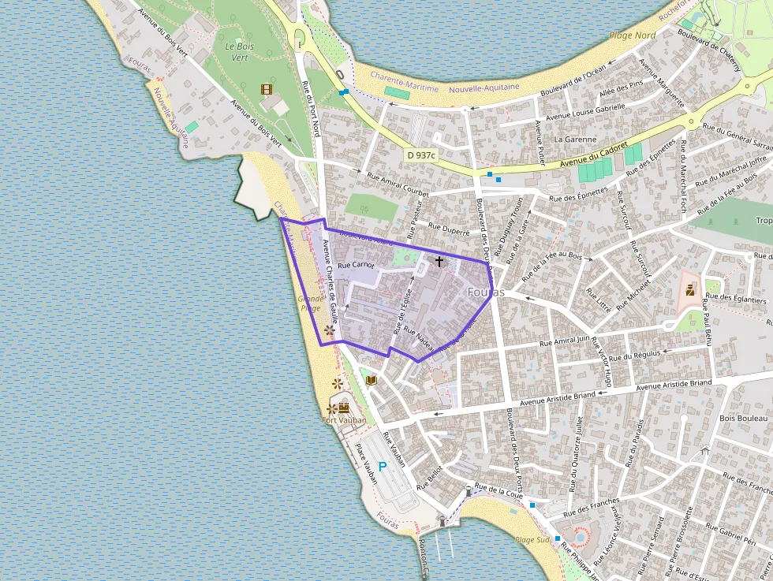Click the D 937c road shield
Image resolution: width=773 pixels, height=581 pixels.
click(x=421, y=156)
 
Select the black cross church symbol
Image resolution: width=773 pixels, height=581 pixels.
click(x=439, y=260)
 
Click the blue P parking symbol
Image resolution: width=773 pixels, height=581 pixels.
click(x=383, y=467)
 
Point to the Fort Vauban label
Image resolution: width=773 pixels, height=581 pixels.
click(x=345, y=420)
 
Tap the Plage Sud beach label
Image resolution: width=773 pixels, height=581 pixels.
click(x=531, y=540)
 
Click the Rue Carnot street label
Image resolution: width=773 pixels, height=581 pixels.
click(x=356, y=266)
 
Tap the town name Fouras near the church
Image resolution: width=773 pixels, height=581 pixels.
click(x=485, y=292)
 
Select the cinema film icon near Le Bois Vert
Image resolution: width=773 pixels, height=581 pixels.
click(x=267, y=89)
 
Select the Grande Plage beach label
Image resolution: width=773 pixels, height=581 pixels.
click(x=309, y=304)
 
